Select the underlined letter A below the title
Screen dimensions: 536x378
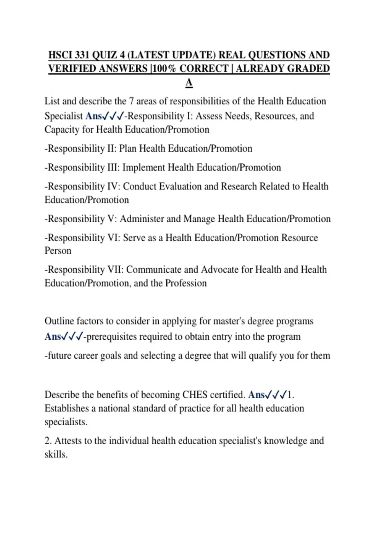coord(189,83)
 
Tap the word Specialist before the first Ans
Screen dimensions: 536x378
coord(64,116)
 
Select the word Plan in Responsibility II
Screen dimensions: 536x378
coord(128,149)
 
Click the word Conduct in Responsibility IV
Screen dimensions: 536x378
coord(140,186)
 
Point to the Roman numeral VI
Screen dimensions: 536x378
coord(114,238)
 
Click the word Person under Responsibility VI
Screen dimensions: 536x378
coord(58,251)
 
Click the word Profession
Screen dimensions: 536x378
coord(186,283)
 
